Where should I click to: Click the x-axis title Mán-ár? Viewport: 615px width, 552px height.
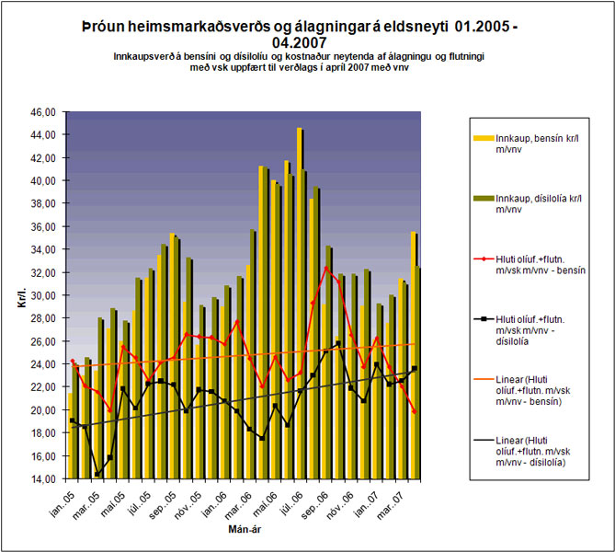(245, 531)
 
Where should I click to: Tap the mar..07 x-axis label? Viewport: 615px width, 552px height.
(400, 500)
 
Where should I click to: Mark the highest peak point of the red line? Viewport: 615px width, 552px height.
(327, 268)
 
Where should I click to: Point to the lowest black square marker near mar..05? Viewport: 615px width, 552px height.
(97, 474)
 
